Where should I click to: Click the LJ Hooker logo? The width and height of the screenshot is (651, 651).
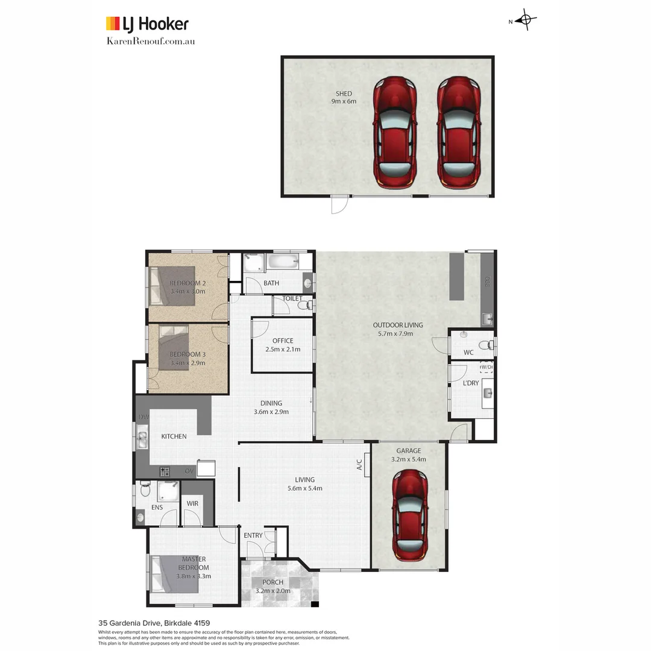pyautogui.click(x=147, y=24)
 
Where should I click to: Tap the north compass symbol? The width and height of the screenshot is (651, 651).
pyautogui.click(x=526, y=20)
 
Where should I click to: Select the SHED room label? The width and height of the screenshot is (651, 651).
pyautogui.click(x=344, y=93)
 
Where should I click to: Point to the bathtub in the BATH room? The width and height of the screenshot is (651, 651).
pyautogui.click(x=283, y=262)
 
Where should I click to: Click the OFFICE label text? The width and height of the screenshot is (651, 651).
pyautogui.click(x=283, y=341)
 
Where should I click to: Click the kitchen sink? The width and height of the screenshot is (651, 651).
pyautogui.click(x=142, y=436)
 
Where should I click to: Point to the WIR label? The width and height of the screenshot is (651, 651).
pyautogui.click(x=192, y=503)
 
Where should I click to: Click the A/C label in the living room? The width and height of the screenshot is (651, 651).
pyautogui.click(x=359, y=465)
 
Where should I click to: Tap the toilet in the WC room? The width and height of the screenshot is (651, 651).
pyautogui.click(x=491, y=345)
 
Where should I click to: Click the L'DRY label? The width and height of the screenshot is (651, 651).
pyautogui.click(x=470, y=383)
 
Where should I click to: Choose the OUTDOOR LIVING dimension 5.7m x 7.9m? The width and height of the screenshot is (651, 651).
pyautogui.click(x=397, y=333)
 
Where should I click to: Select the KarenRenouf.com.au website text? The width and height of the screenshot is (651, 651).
pyautogui.click(x=150, y=41)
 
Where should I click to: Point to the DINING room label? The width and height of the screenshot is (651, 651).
pyautogui.click(x=271, y=403)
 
